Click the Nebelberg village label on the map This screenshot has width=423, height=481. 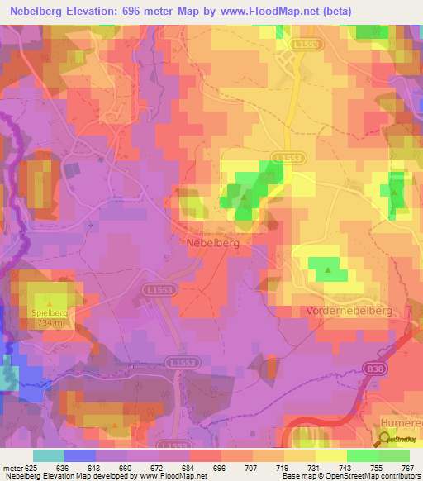[x=214, y=243]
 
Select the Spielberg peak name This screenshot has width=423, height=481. [x=50, y=314]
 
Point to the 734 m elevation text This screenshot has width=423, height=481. [x=50, y=323]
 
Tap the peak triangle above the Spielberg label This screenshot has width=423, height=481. [x=49, y=303]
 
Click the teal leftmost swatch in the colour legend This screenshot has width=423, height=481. [x=49, y=455]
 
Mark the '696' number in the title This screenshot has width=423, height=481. [x=135, y=12]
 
